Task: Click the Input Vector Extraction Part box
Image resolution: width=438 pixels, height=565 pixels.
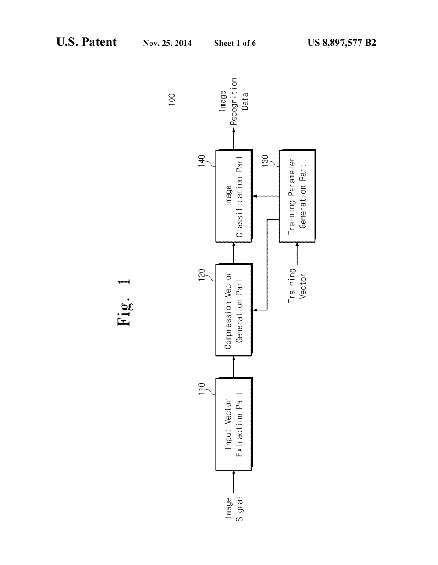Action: point(233,424)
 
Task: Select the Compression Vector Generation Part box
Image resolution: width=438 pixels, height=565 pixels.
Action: point(233,310)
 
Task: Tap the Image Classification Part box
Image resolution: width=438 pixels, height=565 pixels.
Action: point(233,196)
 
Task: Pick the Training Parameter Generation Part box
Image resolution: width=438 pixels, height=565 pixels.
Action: point(297,196)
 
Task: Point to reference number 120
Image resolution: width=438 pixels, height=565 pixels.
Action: point(201,276)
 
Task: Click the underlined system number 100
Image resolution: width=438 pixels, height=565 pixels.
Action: point(172,100)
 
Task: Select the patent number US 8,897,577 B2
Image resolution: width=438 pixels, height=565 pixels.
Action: point(342,43)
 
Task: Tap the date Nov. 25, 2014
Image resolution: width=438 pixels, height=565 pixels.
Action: point(167,44)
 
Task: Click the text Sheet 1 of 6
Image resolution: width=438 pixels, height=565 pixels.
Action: point(235,44)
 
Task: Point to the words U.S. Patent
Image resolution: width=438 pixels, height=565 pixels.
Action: point(86,42)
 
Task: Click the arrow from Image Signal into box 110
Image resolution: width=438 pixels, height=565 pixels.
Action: point(233,481)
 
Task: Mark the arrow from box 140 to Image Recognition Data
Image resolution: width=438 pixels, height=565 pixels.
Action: point(233,138)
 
